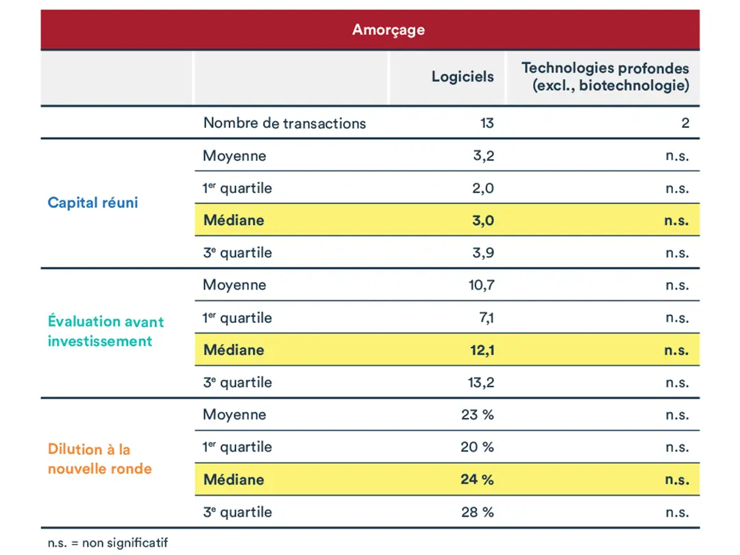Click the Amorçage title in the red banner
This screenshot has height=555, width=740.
388,29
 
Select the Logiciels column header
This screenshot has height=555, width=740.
462,77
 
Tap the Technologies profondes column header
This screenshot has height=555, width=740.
605,77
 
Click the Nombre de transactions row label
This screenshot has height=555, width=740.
284,123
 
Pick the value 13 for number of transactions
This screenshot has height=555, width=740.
486,123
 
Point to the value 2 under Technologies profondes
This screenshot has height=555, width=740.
684,123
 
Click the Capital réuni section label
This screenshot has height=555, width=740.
92,203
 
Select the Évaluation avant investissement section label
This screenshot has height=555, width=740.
106,331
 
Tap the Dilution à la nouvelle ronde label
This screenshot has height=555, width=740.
99,459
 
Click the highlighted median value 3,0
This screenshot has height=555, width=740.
482,220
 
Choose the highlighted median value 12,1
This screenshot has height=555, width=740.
481,350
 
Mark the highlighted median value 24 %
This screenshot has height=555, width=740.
477,479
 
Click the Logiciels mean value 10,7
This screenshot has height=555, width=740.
481,285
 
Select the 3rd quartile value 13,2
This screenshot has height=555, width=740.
481,382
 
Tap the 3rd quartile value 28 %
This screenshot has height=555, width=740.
477,512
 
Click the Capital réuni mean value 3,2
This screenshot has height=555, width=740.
483,155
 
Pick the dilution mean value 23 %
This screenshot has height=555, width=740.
477,414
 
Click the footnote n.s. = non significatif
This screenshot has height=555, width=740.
108,543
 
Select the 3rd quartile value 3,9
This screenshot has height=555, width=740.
483,253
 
